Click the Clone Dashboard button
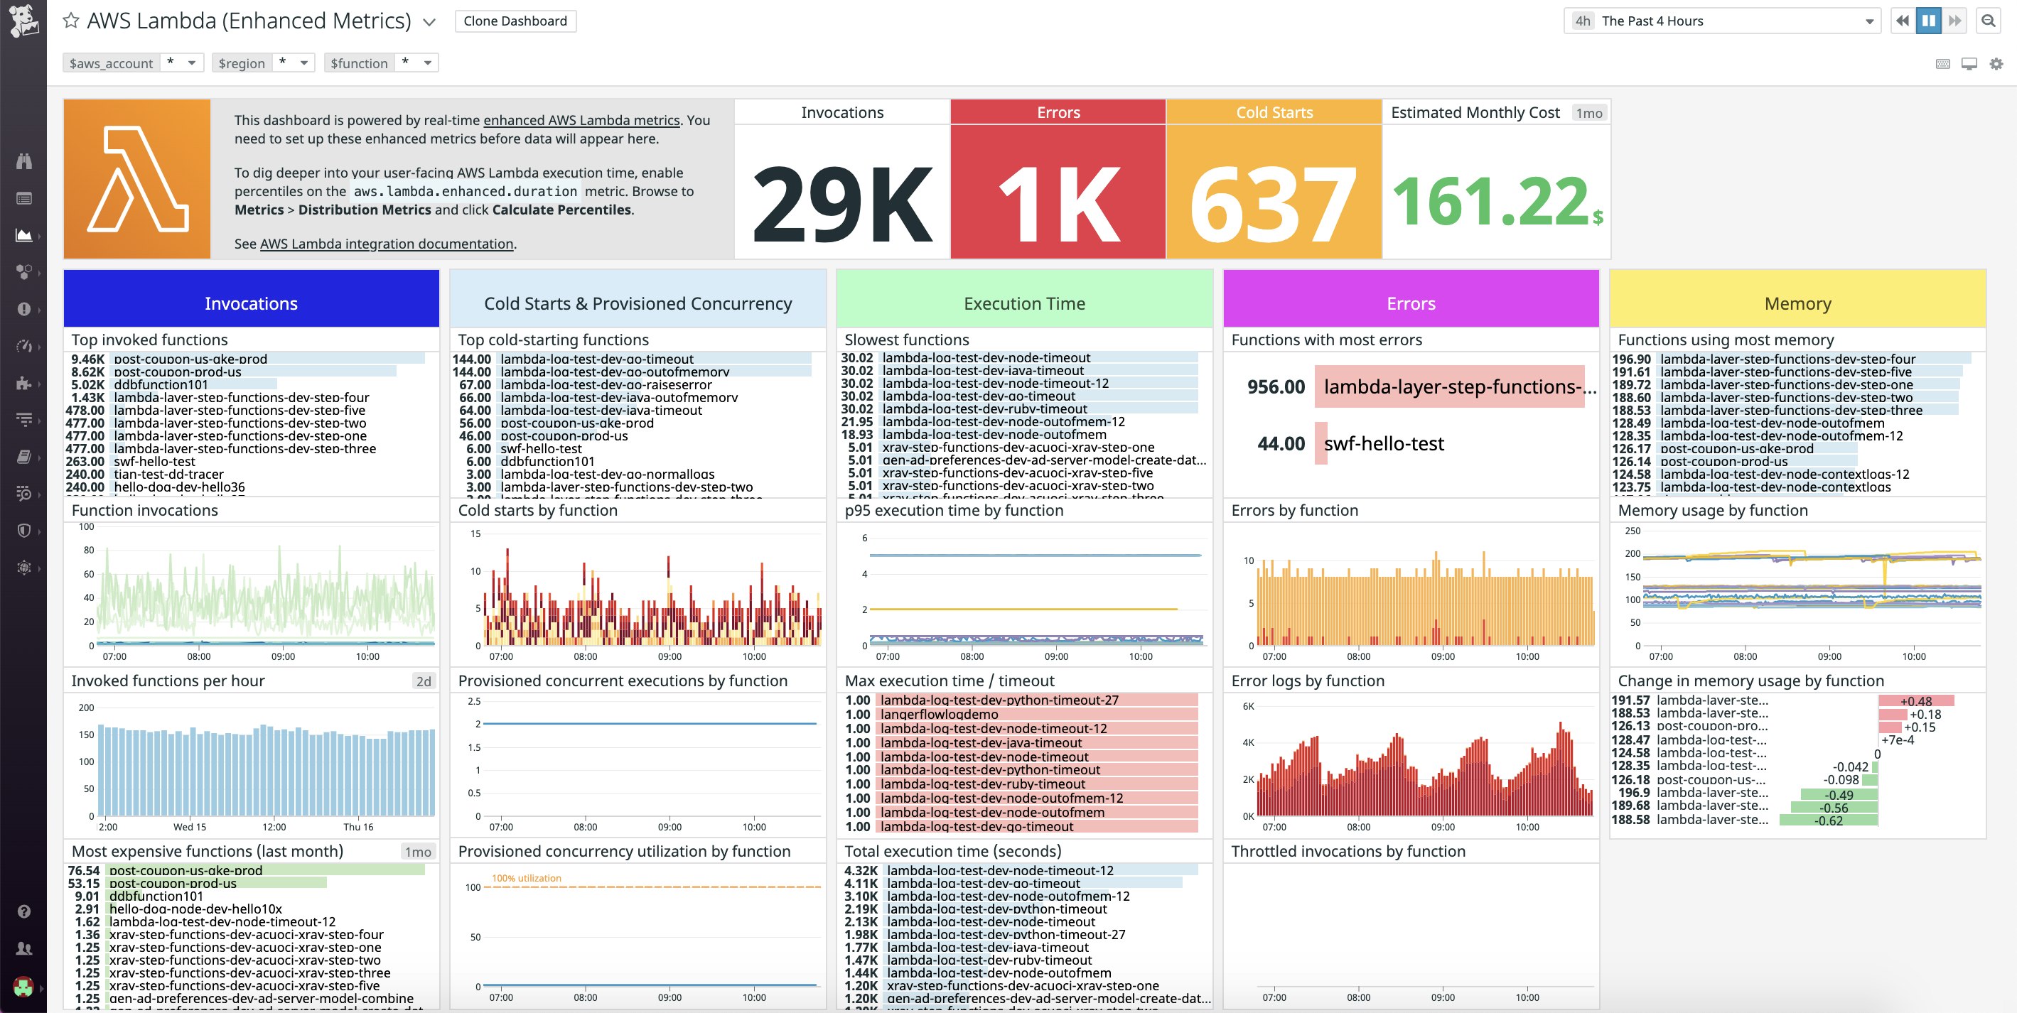pyautogui.click(x=515, y=21)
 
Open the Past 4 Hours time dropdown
pyautogui.click(x=1723, y=21)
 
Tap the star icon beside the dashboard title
pyautogui.click(x=70, y=21)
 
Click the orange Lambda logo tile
pyautogui.click(x=137, y=179)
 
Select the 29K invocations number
pyautogui.click(x=841, y=204)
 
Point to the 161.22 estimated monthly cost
pyautogui.click(x=1491, y=202)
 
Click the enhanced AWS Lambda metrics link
pyautogui.click(x=581, y=121)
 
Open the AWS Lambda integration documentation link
pyautogui.click(x=386, y=244)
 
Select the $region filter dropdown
pyautogui.click(x=264, y=63)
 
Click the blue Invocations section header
pyautogui.click(x=251, y=303)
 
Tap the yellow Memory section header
pyautogui.click(x=1798, y=303)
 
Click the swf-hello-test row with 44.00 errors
pyautogui.click(x=1383, y=444)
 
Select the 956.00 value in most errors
pyautogui.click(x=1276, y=386)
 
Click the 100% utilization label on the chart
pyautogui.click(x=526, y=878)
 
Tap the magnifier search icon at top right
pyautogui.click(x=1988, y=21)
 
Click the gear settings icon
pyautogui.click(x=1996, y=64)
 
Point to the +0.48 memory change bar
pyautogui.click(x=1915, y=700)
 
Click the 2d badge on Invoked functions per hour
pyautogui.click(x=424, y=681)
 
